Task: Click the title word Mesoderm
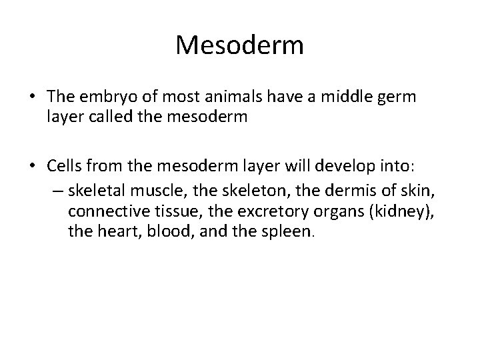click(x=240, y=45)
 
